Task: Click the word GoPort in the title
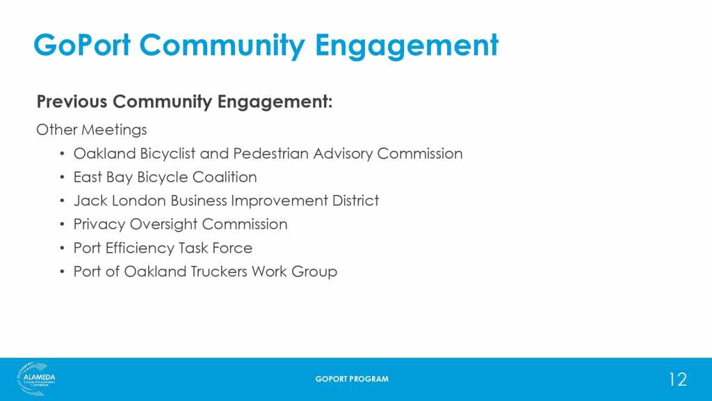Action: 82,45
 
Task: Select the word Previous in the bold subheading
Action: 72,101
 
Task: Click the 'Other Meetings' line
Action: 91,130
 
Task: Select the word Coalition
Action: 225,177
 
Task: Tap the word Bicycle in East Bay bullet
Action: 162,178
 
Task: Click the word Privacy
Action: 99,225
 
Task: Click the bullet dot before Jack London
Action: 62,201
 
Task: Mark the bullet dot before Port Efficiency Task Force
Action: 62,249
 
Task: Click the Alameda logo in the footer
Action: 36,379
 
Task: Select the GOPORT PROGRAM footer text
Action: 352,379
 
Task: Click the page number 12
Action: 677,379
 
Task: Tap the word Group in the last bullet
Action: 314,272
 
